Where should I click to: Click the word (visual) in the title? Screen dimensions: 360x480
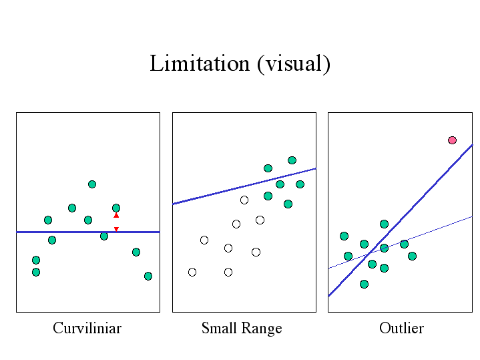(x=294, y=64)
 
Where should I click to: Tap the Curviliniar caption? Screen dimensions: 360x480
(x=87, y=328)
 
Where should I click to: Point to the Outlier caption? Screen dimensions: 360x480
(x=401, y=328)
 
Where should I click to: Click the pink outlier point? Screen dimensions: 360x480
(x=452, y=140)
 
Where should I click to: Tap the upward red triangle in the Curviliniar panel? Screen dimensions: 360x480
(x=116, y=215)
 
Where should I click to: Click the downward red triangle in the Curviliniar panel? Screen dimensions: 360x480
(x=116, y=229)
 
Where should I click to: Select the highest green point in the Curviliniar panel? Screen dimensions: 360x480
(x=92, y=184)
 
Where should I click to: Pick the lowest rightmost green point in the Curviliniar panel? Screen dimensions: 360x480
(x=148, y=276)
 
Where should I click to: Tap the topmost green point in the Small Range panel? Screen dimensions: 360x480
(x=292, y=160)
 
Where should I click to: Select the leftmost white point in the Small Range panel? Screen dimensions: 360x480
(x=192, y=272)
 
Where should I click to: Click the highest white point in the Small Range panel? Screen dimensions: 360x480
(x=244, y=200)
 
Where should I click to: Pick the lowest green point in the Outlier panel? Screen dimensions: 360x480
(x=364, y=284)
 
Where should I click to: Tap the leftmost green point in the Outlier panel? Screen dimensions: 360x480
(x=344, y=236)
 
